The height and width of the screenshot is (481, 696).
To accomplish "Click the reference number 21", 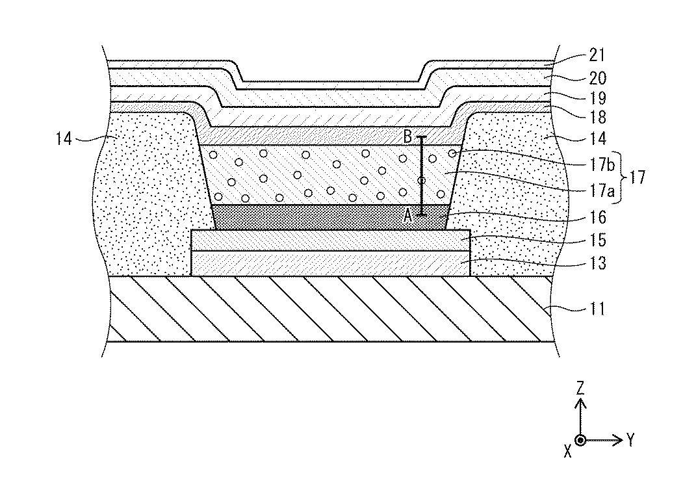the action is pos(595,57).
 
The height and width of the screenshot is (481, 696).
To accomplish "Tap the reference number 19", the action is pos(595,99).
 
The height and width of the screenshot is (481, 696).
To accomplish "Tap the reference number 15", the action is pos(595,240).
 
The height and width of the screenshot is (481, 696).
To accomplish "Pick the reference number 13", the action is pos(595,263).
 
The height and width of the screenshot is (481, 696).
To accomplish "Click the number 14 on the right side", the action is pos(595,138).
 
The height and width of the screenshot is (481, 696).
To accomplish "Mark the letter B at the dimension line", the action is pos(407,138).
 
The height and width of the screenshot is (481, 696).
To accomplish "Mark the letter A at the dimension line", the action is pos(407,216).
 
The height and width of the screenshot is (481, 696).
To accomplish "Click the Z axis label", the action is pos(581,389).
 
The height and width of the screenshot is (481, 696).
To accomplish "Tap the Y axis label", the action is pos(630,441).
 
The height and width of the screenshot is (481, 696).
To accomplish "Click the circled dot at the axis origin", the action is pos(581,440).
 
